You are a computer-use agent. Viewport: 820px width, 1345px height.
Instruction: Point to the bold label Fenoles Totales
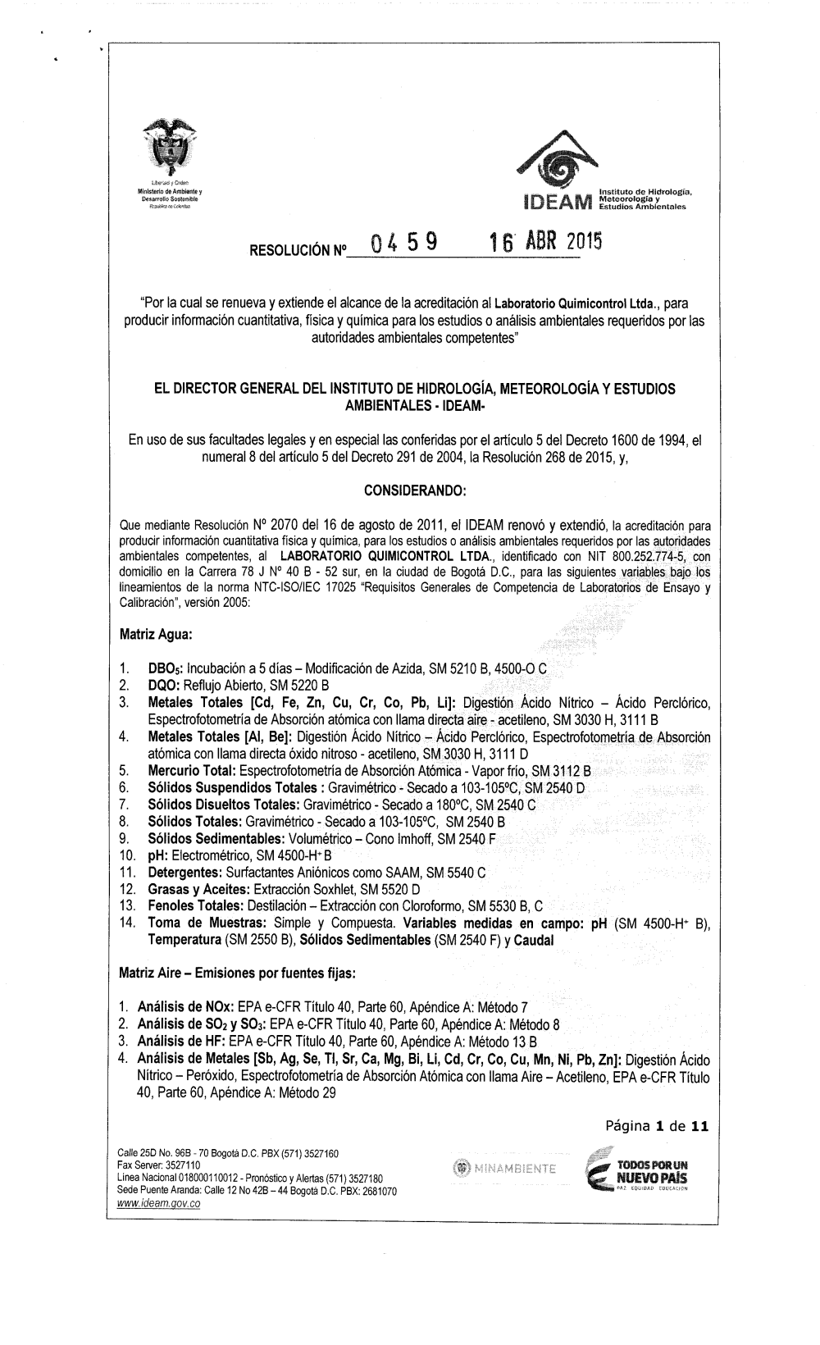(x=192, y=905)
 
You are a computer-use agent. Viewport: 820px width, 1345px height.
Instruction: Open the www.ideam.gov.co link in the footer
(x=159, y=1203)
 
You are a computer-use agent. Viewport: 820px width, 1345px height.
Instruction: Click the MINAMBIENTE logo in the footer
(x=503, y=1168)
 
